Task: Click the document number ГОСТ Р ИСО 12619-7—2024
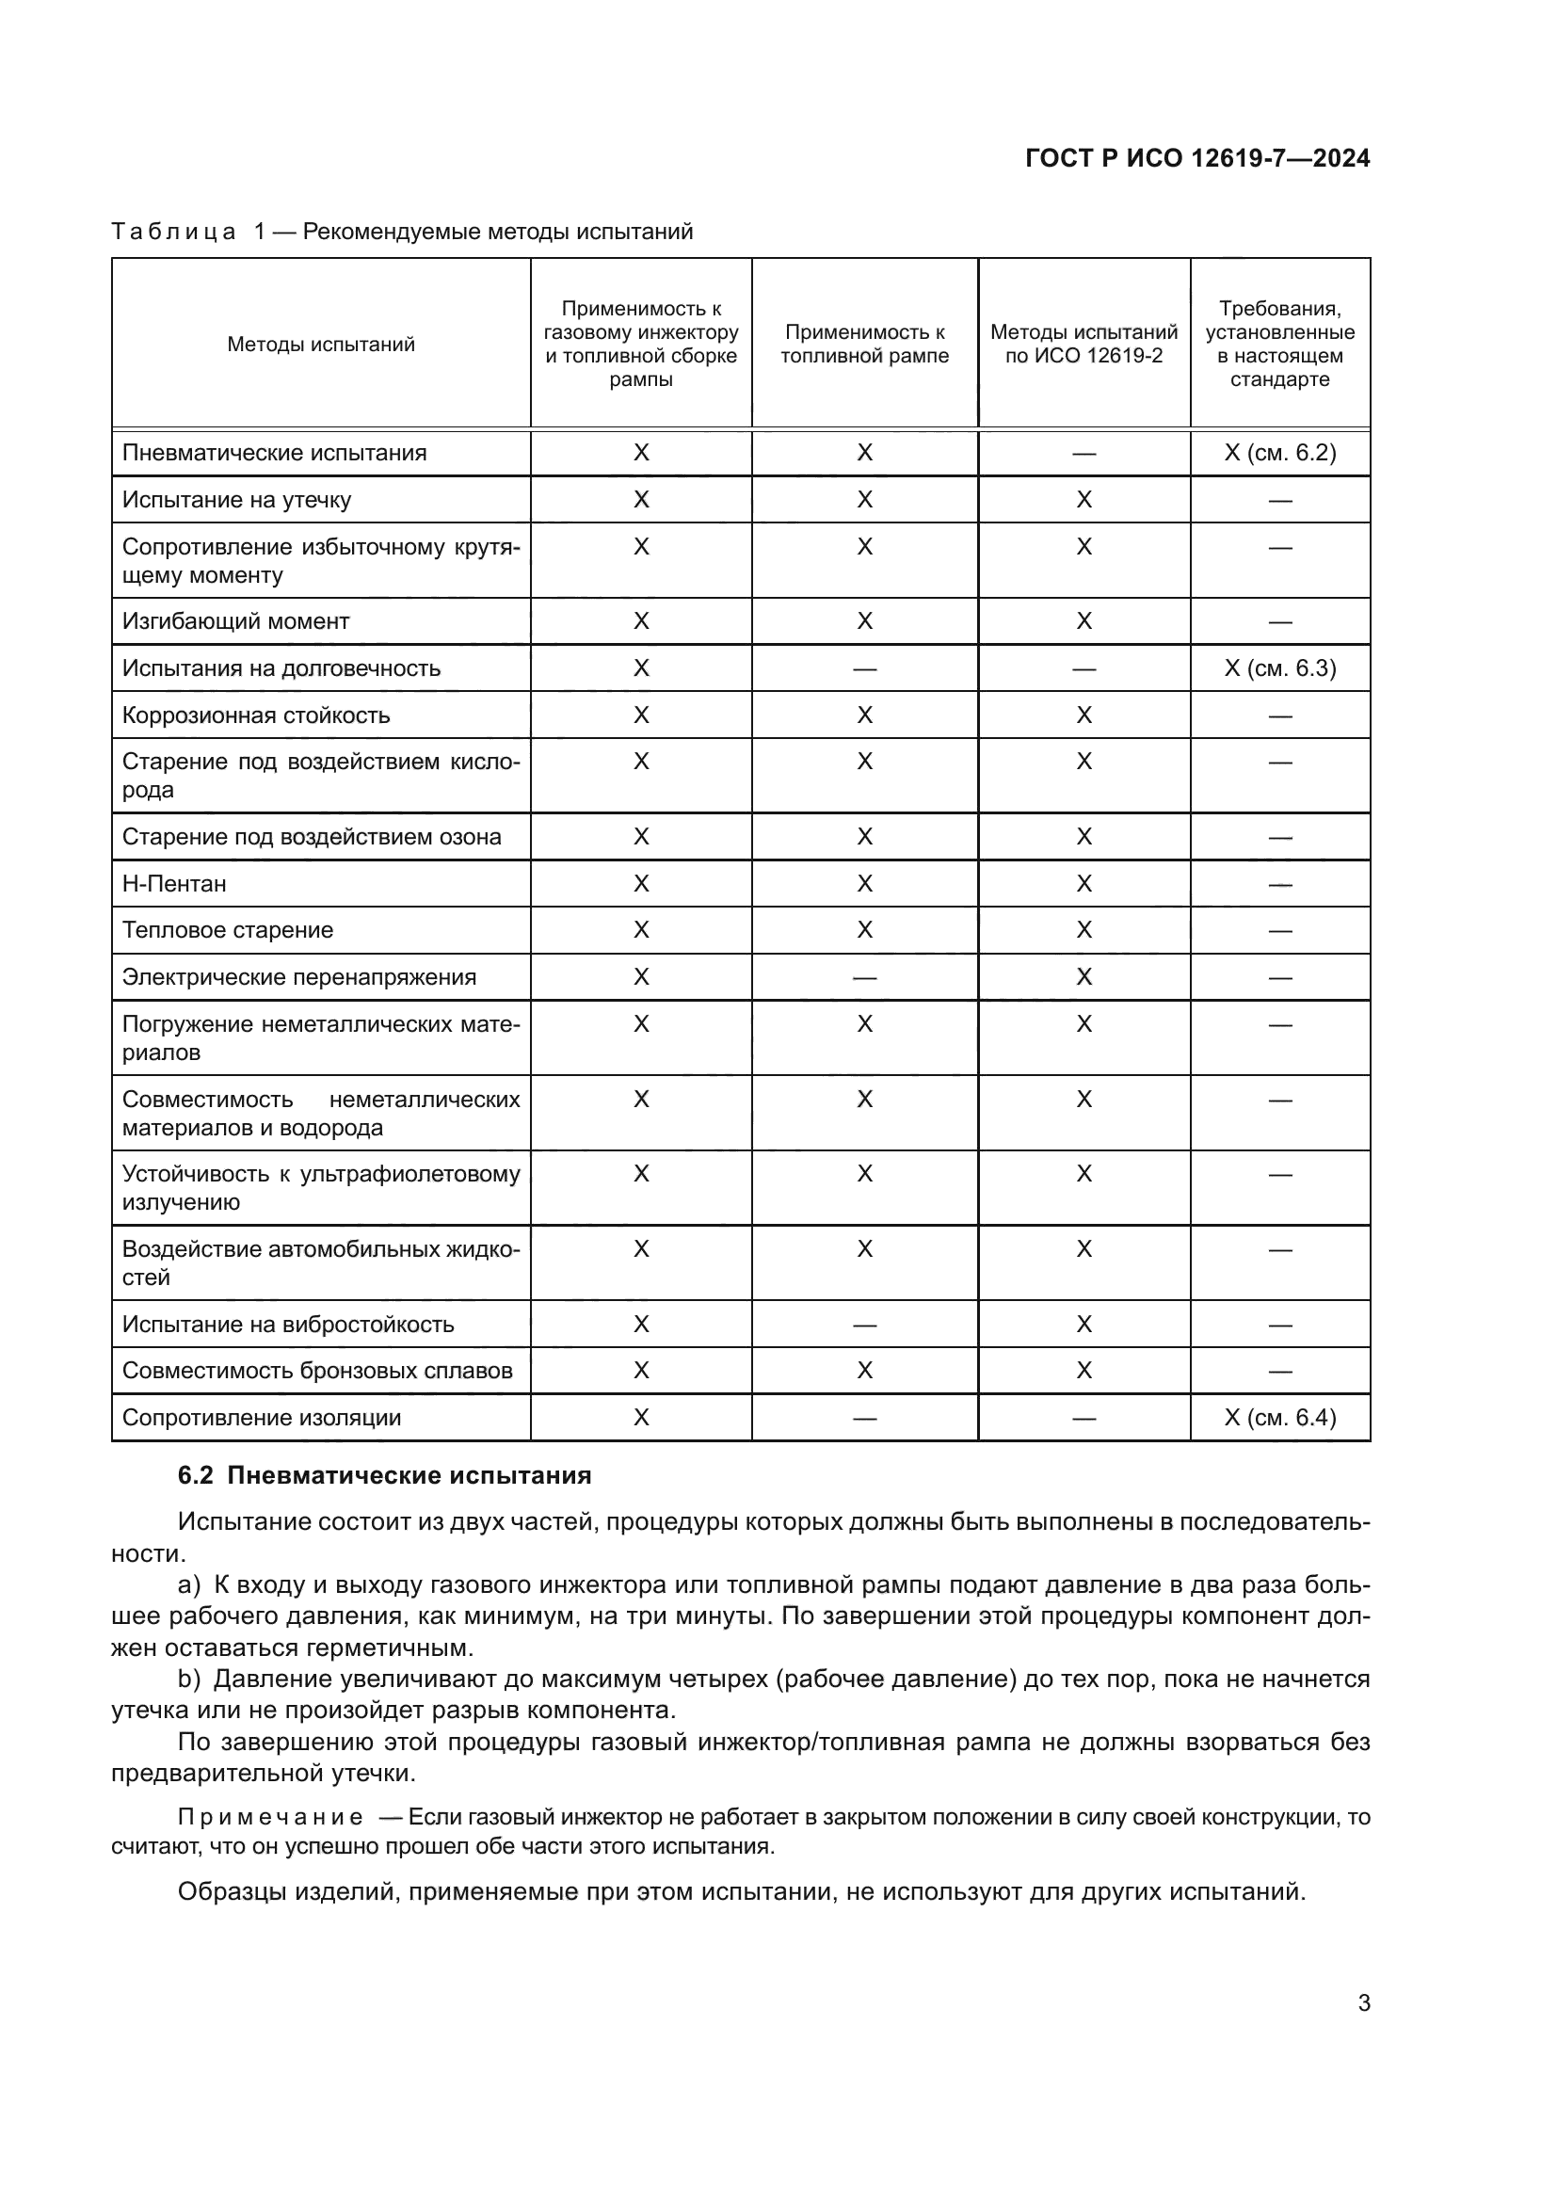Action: [1196, 158]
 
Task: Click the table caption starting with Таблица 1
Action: [402, 232]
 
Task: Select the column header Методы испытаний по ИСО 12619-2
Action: [1083, 345]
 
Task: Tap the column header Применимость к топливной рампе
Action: [864, 345]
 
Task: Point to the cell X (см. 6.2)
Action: [1279, 453]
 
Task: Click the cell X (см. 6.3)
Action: [1279, 668]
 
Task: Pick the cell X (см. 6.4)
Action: [1279, 1418]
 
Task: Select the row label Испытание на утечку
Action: [237, 500]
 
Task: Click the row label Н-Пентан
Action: [174, 883]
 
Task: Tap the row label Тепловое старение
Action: [228, 930]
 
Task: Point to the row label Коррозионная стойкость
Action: [256, 715]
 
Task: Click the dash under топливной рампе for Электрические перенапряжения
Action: [864, 978]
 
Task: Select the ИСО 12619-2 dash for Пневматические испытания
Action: [1083, 454]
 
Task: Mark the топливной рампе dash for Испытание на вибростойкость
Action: [864, 1326]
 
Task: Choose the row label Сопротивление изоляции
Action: [262, 1418]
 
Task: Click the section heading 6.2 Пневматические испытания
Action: [384, 1476]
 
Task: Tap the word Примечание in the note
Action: [270, 1816]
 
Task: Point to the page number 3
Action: [1363, 2003]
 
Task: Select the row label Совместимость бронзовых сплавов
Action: [317, 1371]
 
